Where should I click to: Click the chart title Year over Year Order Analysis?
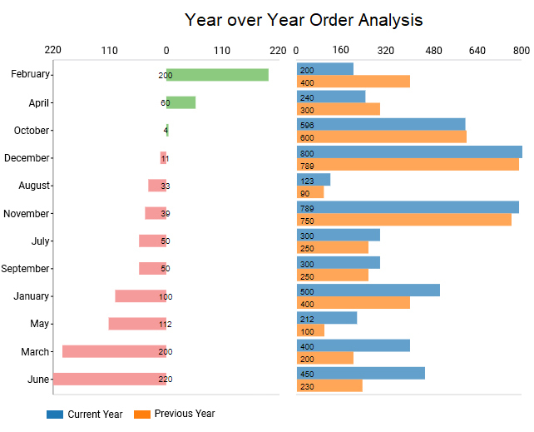point(303,20)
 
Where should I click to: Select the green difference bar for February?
point(217,75)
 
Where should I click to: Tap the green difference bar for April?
point(180,102)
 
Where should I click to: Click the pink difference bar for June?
point(110,379)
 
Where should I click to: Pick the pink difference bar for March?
point(114,351)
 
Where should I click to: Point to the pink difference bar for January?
point(141,296)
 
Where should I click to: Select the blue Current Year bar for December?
point(409,152)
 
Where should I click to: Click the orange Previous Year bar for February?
point(354,82)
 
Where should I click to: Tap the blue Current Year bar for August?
point(314,180)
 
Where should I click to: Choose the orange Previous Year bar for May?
point(310,330)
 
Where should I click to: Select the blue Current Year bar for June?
point(361,373)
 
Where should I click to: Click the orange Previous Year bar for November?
point(404,220)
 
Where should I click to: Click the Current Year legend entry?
point(85,414)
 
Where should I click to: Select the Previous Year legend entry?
point(174,414)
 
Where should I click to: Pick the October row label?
point(32,130)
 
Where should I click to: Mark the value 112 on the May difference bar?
point(165,324)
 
